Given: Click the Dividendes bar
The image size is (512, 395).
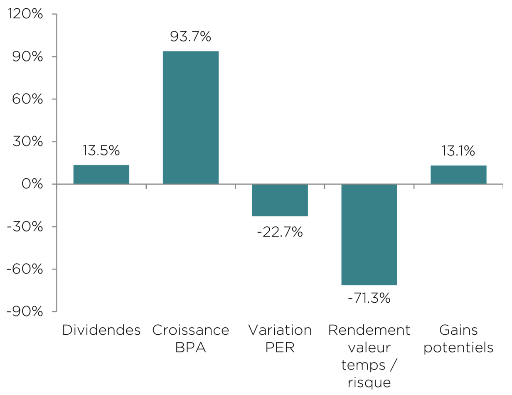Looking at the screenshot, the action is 101,174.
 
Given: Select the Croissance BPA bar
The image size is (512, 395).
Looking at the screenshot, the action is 191,118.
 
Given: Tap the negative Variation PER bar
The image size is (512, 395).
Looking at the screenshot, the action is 280,200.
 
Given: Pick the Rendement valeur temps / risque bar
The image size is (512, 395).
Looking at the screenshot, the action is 369,235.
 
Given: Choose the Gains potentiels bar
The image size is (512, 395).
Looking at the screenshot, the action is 458,175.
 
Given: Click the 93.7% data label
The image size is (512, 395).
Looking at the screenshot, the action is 191,37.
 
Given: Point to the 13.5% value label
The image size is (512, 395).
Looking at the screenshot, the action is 101,151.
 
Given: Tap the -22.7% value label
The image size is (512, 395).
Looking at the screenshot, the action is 280,232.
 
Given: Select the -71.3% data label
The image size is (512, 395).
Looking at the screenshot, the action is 369,298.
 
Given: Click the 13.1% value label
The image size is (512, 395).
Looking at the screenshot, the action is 458,151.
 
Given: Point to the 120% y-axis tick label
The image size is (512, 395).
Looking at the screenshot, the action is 25,14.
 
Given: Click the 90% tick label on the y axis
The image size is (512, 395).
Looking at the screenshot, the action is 27,57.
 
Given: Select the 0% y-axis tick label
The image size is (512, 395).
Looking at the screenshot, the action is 32,184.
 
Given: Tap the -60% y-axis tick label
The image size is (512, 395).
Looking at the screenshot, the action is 25,269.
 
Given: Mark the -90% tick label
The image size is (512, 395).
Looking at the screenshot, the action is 25,311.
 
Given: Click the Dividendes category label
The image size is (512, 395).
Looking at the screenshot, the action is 101,330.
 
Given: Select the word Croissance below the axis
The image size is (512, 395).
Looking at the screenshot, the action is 191,330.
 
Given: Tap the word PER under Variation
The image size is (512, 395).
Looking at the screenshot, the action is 280,347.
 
